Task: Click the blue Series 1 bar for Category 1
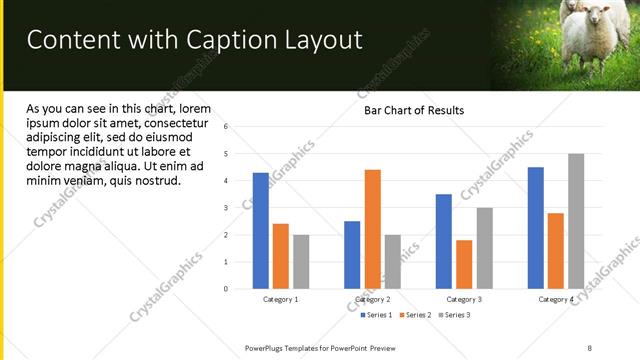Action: tap(261, 231)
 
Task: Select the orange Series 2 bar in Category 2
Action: tap(372, 229)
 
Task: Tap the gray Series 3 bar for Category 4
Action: tap(576, 221)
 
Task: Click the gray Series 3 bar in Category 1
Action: tap(301, 262)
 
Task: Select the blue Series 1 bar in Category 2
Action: tap(352, 255)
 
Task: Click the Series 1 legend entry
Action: tap(378, 315)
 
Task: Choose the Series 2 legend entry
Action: tap(416, 315)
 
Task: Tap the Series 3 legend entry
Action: tap(454, 315)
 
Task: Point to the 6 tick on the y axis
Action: tap(226, 127)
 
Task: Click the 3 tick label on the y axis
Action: tap(226, 208)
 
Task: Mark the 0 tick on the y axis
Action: tap(226, 289)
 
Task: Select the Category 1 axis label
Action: tap(281, 299)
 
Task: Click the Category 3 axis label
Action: tap(464, 299)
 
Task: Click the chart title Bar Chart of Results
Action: tap(413, 110)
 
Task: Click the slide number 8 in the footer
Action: tap(590, 347)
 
